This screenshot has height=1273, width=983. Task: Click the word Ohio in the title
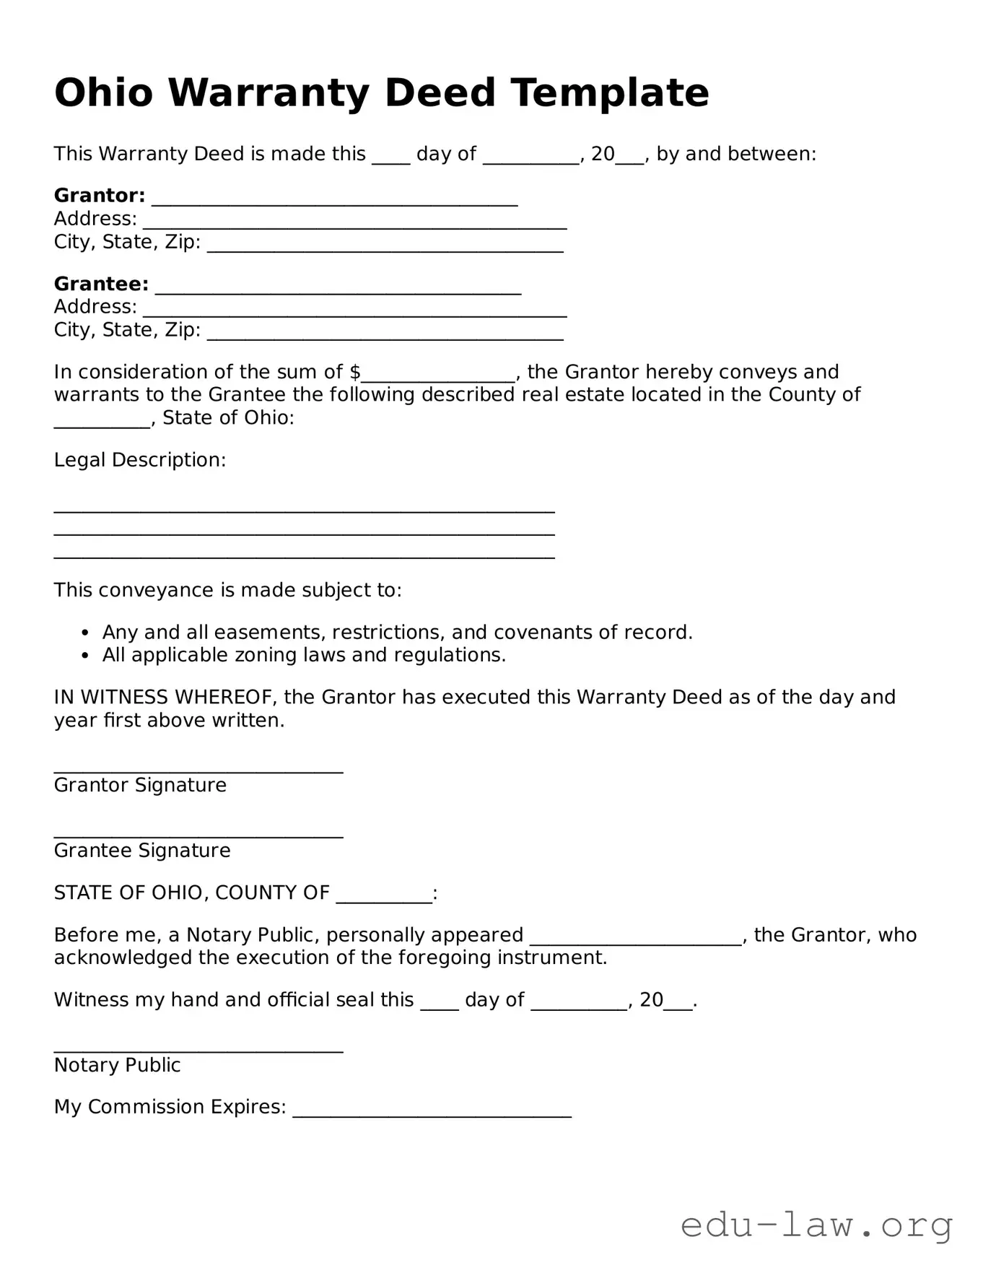(103, 93)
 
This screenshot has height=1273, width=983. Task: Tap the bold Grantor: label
(100, 196)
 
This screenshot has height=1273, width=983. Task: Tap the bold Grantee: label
(101, 284)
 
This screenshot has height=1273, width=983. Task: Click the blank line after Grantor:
(334, 200)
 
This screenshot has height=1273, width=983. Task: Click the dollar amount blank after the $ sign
(438, 375)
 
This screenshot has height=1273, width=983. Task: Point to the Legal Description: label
(140, 460)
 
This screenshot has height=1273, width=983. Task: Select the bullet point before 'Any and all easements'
(85, 633)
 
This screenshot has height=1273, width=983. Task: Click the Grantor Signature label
(140, 786)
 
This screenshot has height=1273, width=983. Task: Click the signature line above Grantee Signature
(198, 835)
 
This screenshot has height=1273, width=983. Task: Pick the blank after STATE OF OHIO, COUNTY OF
(384, 898)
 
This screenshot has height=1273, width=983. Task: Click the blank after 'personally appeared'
(636, 939)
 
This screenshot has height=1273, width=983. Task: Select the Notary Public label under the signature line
(117, 1066)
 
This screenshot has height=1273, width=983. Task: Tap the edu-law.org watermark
(816, 1226)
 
